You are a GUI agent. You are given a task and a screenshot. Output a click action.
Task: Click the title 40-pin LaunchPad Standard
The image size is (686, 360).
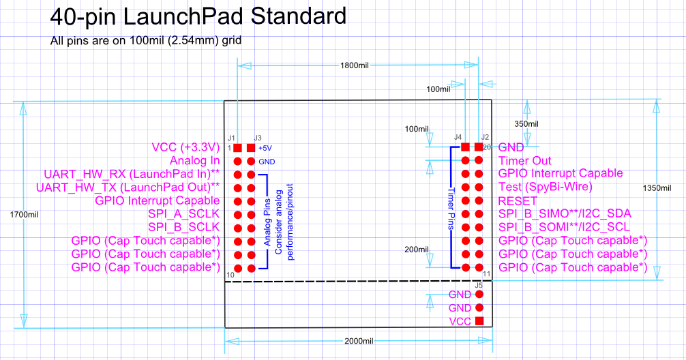(x=198, y=16)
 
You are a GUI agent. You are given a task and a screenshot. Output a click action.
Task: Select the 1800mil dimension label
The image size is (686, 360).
(x=355, y=65)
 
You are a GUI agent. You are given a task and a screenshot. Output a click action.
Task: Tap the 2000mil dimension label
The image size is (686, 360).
(x=359, y=341)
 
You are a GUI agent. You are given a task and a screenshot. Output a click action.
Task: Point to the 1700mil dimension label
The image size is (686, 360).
(x=24, y=215)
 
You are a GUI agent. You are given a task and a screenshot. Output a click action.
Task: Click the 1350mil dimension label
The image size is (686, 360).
(x=657, y=188)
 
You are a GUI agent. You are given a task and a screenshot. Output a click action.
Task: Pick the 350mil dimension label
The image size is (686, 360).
(x=526, y=124)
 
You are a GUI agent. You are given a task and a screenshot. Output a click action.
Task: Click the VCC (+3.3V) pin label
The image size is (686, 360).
(x=185, y=147)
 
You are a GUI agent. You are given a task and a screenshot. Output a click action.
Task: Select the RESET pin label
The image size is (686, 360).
(x=518, y=201)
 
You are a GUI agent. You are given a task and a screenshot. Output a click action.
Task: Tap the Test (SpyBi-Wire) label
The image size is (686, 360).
(x=546, y=187)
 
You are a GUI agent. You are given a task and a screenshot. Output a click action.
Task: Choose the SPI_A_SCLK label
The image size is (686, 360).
(x=183, y=214)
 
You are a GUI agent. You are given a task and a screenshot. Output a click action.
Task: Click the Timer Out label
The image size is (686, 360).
(x=524, y=161)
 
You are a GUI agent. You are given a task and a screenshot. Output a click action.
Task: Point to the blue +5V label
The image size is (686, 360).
(x=265, y=148)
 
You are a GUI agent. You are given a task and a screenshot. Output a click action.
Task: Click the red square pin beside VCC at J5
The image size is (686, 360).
(x=479, y=321)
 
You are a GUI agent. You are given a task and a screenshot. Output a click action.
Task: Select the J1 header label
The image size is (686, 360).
(x=231, y=138)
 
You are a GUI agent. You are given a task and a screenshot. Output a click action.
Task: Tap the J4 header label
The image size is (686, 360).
(x=458, y=137)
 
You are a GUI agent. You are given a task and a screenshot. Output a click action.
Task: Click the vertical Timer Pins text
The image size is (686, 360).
(x=451, y=209)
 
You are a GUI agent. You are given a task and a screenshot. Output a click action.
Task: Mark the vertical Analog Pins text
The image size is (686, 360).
(x=267, y=222)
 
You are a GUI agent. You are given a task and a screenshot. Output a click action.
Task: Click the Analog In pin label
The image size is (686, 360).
(x=195, y=161)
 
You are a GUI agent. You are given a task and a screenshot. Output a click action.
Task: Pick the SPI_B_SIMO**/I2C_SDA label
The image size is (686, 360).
(x=565, y=214)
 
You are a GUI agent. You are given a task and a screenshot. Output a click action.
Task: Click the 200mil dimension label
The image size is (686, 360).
(x=417, y=250)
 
